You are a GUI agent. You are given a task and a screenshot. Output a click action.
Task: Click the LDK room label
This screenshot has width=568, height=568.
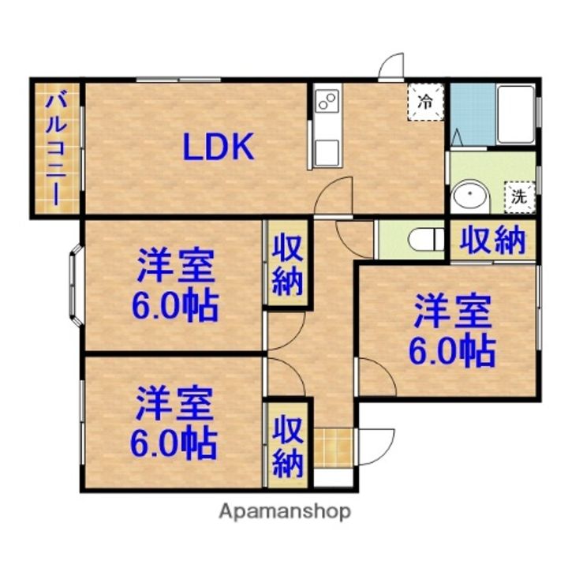[x=218, y=147]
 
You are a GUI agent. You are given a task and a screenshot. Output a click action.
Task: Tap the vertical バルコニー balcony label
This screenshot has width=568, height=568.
[x=57, y=148]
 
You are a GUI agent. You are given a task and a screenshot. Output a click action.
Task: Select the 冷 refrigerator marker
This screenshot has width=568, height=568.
[x=425, y=102]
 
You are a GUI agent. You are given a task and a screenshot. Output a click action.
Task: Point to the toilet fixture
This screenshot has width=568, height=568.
[x=426, y=239]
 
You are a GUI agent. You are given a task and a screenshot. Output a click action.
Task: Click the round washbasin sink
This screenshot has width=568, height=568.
[x=469, y=195]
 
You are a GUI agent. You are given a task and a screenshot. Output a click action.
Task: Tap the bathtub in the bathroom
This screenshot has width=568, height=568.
[x=516, y=114]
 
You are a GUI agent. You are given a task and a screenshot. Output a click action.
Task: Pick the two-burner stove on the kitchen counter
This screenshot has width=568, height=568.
[x=327, y=100]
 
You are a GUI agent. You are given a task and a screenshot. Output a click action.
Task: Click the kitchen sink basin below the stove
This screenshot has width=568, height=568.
[x=327, y=153]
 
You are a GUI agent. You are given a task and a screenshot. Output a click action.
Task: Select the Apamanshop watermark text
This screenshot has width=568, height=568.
[x=285, y=511]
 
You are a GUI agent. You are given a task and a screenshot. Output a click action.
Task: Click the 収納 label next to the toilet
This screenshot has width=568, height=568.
[x=492, y=240]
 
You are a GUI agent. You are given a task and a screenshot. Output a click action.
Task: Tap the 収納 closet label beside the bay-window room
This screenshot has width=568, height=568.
[x=288, y=267]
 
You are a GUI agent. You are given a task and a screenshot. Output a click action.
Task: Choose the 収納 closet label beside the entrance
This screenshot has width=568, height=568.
[x=288, y=447]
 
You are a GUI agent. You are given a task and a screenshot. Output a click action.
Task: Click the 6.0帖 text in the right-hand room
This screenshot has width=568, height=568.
[x=452, y=351]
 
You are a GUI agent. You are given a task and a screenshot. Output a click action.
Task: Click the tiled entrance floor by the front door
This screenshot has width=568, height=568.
[x=333, y=448]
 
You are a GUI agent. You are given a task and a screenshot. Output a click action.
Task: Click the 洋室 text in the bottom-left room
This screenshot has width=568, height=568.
[x=174, y=403]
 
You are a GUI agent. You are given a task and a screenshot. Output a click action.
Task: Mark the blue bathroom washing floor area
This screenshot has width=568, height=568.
[x=473, y=114]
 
